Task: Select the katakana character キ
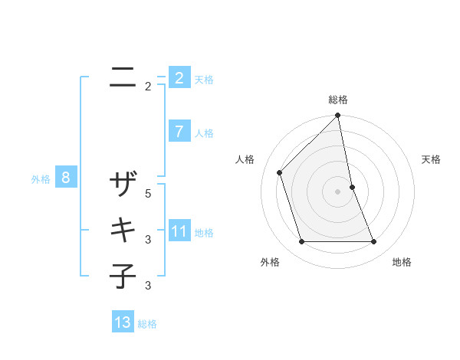click(123, 230)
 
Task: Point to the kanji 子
click(123, 276)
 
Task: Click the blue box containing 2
click(179, 77)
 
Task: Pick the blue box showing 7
click(179, 132)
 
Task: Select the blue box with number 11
click(179, 231)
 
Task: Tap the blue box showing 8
click(66, 178)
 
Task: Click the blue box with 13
click(123, 322)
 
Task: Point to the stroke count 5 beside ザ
click(148, 194)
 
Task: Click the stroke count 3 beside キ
click(148, 240)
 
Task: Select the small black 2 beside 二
click(148, 87)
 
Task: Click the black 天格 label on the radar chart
click(431, 159)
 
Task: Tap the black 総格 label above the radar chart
click(338, 100)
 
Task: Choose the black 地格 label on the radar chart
click(402, 262)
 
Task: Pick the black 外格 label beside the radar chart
click(270, 262)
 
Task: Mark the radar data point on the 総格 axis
click(338, 116)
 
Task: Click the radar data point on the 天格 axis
click(352, 187)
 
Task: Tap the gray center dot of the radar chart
click(338, 191)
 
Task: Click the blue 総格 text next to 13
click(147, 324)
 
